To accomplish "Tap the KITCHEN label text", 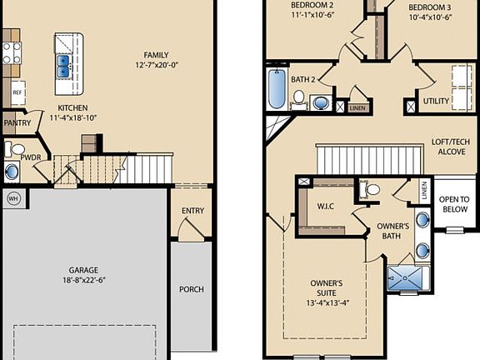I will (x=73, y=108).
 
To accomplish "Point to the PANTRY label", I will (x=17, y=123).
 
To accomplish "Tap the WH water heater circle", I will (x=13, y=198).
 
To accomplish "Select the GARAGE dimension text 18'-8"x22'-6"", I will (x=83, y=281).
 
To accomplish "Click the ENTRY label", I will (x=192, y=212).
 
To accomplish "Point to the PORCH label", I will (x=192, y=289).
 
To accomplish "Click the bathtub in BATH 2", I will (x=276, y=87).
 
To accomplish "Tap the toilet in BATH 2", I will (x=297, y=100).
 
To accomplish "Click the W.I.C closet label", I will (x=326, y=207).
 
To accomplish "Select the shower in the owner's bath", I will (x=408, y=278).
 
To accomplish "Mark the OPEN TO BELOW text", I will (x=454, y=205).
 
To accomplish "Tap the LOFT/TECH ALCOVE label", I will (x=447, y=147).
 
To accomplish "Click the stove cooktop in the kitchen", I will (x=11, y=52).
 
